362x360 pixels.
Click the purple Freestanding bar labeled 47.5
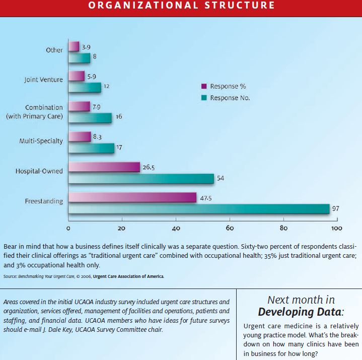tap(132, 198)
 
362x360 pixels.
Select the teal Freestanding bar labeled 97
tap(199, 209)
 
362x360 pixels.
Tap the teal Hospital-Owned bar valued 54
tap(141, 179)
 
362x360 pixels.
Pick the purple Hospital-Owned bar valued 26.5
tap(104, 167)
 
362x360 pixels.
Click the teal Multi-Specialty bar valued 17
tap(92, 148)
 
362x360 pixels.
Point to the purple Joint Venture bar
tap(77, 76)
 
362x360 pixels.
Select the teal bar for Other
tap(80, 58)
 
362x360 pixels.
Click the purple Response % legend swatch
tap(204, 86)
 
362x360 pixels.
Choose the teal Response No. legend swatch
tap(204, 98)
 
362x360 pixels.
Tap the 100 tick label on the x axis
tap(337, 229)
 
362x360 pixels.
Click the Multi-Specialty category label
tap(41, 141)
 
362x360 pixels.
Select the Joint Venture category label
tap(44, 80)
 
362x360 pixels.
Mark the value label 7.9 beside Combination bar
tap(97, 107)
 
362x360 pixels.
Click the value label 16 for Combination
tap(119, 117)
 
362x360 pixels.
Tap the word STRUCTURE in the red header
tap(240, 6)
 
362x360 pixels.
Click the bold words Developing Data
tap(300, 312)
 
